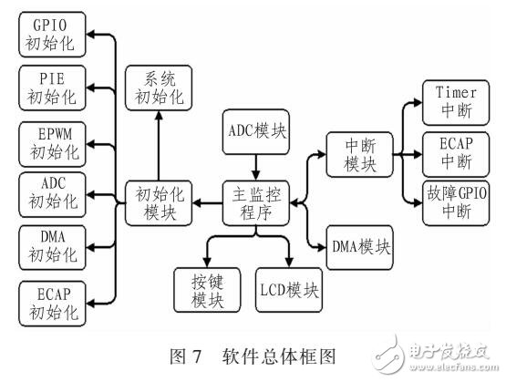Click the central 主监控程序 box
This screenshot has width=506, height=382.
(x=256, y=201)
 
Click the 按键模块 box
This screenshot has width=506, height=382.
(x=205, y=289)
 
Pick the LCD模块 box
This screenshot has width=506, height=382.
(x=290, y=290)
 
